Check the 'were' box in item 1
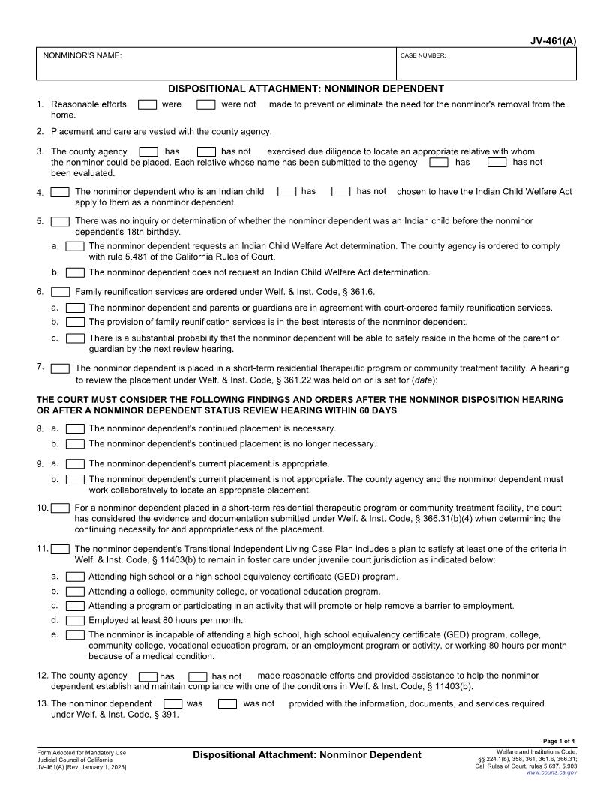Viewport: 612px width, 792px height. click(x=148, y=104)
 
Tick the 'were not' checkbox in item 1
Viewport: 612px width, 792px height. click(x=206, y=104)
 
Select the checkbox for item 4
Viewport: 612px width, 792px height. click(x=61, y=193)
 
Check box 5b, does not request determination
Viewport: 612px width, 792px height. click(x=75, y=272)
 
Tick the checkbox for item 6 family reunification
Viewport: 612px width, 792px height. click(x=61, y=292)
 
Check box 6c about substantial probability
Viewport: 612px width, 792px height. click(x=75, y=338)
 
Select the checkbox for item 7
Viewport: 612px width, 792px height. click(x=61, y=368)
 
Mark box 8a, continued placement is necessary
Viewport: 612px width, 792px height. click(x=75, y=429)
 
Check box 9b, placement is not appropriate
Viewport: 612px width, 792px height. click(x=75, y=479)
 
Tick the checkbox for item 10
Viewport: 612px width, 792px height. click(x=61, y=508)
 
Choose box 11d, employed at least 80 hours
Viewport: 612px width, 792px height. click(x=75, y=621)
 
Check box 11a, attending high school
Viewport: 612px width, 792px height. click(x=75, y=577)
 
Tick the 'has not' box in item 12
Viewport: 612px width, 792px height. click(x=197, y=676)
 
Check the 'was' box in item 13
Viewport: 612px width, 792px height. click(x=172, y=704)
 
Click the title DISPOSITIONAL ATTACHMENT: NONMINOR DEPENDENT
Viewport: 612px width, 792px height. click(x=306, y=88)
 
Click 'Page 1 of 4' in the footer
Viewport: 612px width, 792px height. click(x=559, y=741)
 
